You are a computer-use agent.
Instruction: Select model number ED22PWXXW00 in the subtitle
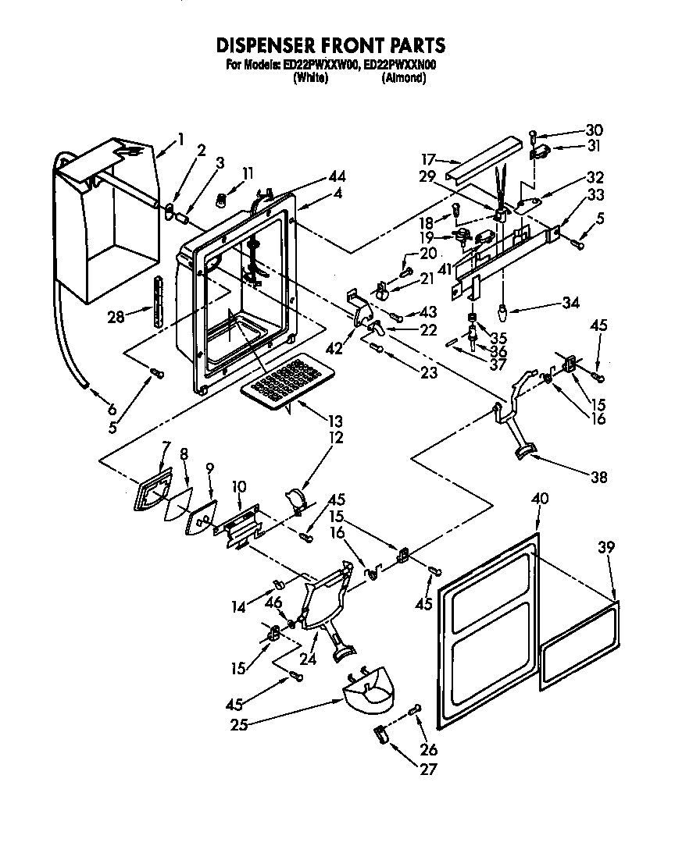pos(320,66)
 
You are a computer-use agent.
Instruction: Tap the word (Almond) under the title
pos(404,78)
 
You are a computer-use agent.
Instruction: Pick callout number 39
pos(606,548)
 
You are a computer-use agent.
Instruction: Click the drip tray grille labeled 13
pos(281,382)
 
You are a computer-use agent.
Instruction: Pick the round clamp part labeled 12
pos(297,499)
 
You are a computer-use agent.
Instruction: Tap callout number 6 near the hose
pos(112,408)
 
